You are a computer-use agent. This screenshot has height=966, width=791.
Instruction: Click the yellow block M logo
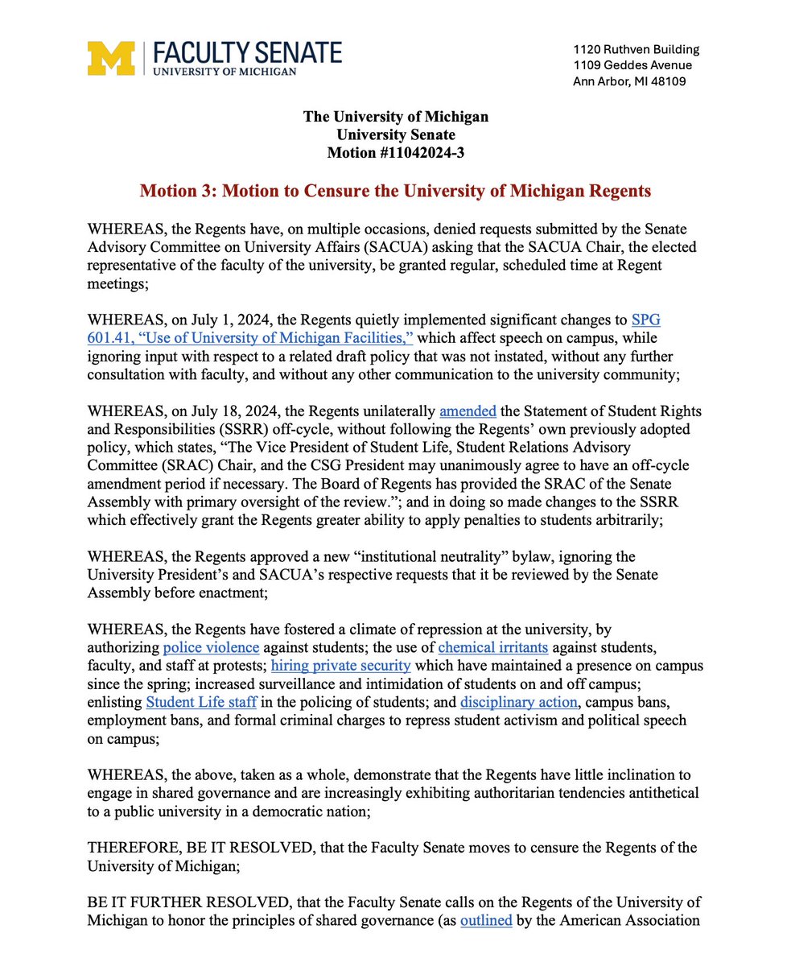pyautogui.click(x=111, y=58)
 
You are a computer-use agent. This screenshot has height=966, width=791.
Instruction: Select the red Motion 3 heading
pyautogui.click(x=395, y=192)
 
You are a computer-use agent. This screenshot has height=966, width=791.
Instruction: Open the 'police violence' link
pyautogui.click(x=200, y=646)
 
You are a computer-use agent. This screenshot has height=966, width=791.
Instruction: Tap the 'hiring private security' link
pyautogui.click(x=341, y=665)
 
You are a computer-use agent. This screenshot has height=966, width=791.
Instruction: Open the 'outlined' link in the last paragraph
pyautogui.click(x=486, y=919)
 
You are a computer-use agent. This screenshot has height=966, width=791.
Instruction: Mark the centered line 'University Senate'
pyautogui.click(x=395, y=134)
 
